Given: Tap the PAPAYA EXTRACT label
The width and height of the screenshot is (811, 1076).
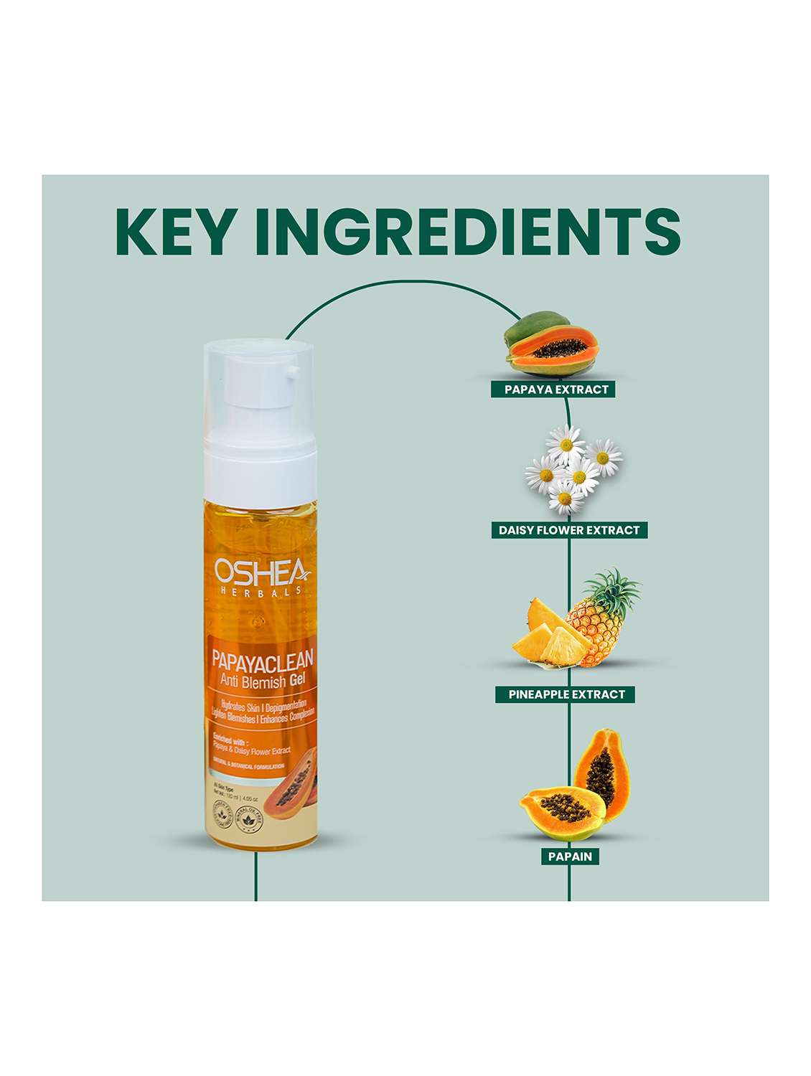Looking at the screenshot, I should coord(555,390).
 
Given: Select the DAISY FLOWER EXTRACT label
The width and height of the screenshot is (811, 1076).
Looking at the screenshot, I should coord(569,530).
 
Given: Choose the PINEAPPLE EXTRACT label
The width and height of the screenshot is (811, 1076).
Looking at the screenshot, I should coord(566,694).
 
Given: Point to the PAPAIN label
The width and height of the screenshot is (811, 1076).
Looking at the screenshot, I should coord(570,856).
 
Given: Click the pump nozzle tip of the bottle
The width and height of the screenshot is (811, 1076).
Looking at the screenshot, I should coord(293,371).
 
